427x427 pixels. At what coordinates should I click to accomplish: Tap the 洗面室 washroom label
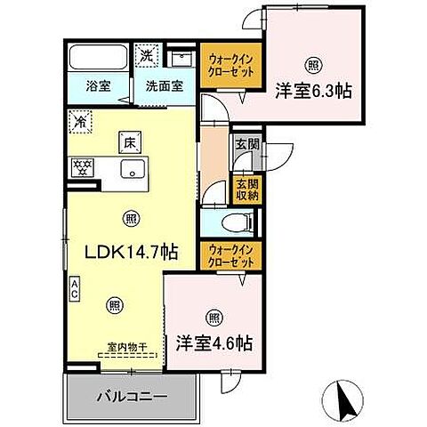(x=165, y=86)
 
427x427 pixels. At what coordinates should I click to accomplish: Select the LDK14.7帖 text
(x=132, y=252)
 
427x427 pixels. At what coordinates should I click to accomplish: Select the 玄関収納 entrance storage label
(x=241, y=188)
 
